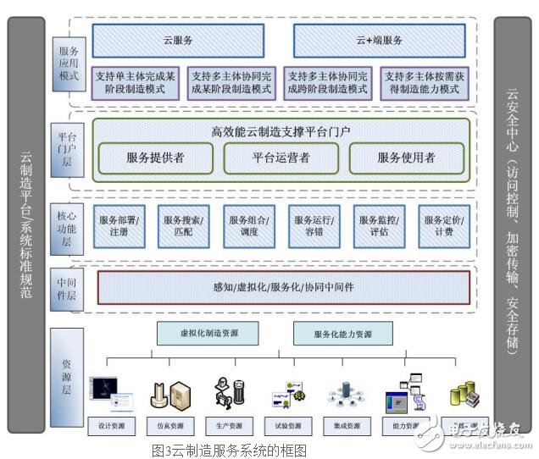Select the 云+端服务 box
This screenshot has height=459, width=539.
(x=379, y=41)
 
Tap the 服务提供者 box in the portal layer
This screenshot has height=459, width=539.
(x=155, y=158)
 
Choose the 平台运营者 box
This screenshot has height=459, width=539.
(x=281, y=158)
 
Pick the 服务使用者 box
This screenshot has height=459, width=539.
(x=406, y=158)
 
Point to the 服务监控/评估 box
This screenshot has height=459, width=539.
(x=379, y=225)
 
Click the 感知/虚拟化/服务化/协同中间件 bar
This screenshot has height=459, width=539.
(x=283, y=287)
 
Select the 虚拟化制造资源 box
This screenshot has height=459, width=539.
(x=208, y=334)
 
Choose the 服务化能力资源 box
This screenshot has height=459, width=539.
(x=342, y=334)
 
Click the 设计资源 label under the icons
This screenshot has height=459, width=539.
(x=112, y=425)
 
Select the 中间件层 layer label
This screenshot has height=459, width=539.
(x=67, y=288)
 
